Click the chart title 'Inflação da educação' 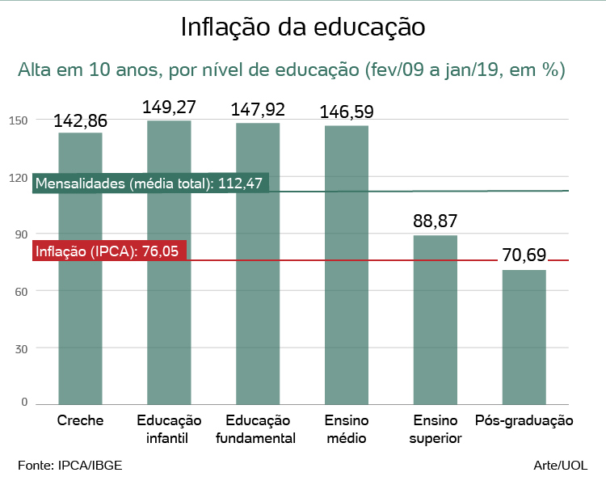(303, 27)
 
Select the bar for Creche (80, 307)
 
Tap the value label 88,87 (436, 222)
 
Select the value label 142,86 (80, 120)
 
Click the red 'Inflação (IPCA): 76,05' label (109, 251)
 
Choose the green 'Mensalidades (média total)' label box (150, 183)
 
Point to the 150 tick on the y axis (19, 120)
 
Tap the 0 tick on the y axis (24, 402)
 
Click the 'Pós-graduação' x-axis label (524, 421)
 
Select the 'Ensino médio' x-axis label (347, 429)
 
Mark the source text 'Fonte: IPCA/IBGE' (70, 466)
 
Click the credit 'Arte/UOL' (561, 466)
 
